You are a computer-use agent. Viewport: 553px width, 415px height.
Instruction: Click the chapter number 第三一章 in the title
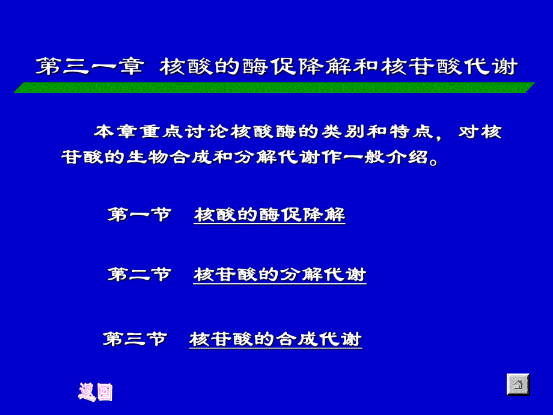pos(89,66)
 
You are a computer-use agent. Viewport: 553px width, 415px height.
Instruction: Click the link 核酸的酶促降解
pos(269,215)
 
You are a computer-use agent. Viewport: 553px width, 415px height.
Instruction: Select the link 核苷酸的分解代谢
pos(280,275)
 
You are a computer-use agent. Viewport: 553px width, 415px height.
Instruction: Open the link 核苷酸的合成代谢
pos(275,339)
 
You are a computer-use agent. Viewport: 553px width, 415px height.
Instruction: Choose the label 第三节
pos(135,339)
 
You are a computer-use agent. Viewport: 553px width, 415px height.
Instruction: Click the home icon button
pos(518,384)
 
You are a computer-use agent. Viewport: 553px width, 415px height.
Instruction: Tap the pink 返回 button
pos(96,392)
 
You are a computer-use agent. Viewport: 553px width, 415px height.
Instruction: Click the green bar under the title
pos(273,88)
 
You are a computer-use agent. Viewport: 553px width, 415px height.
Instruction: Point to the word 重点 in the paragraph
pos(157,132)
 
